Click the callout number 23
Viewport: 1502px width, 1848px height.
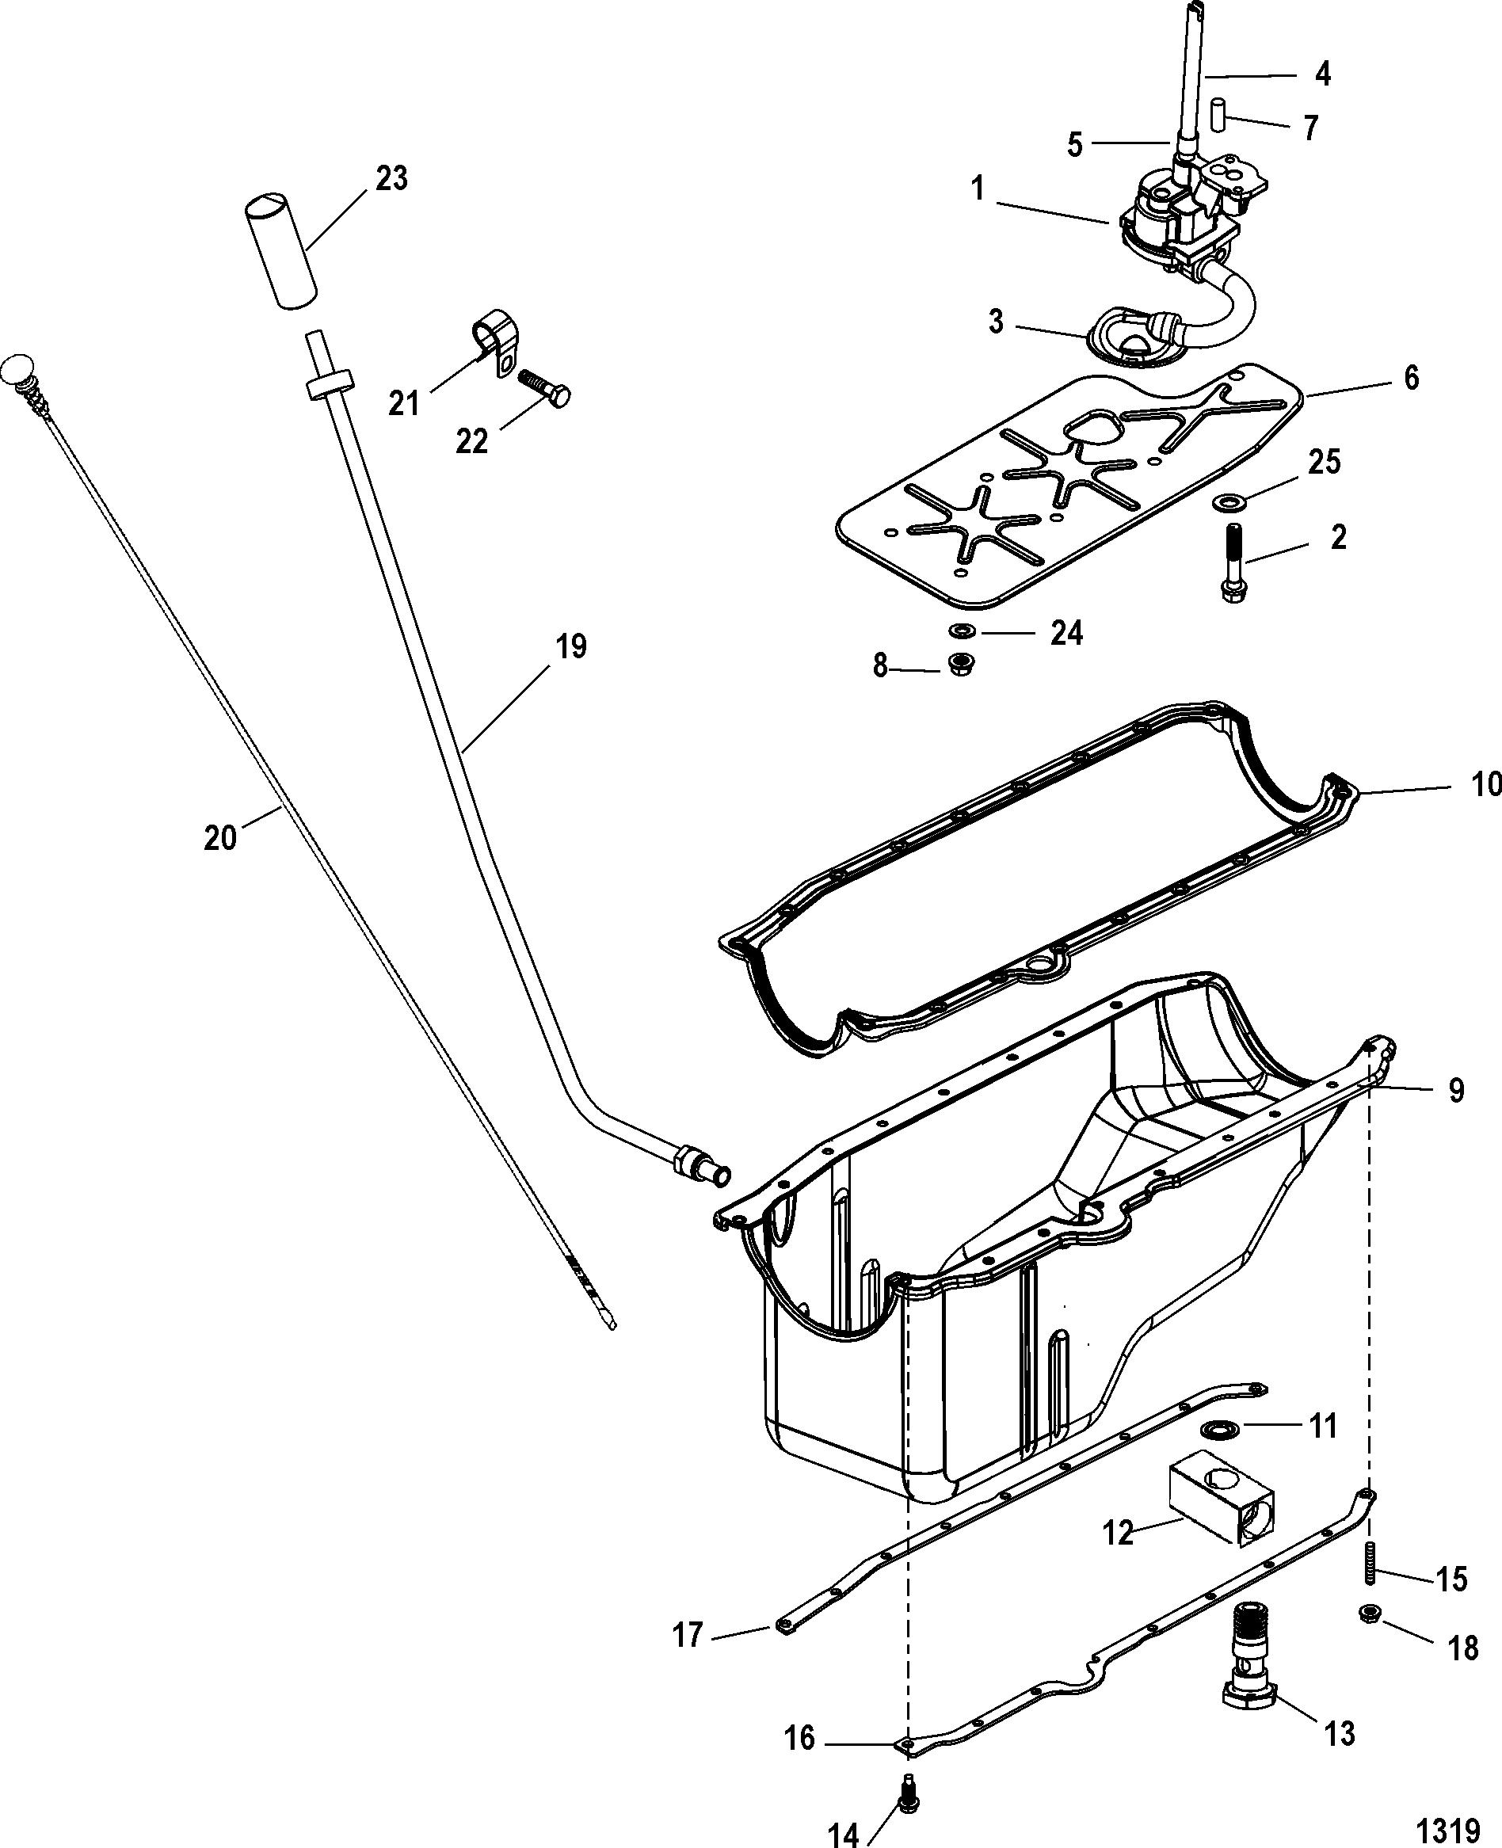tap(391, 178)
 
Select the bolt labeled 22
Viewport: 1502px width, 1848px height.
tap(545, 388)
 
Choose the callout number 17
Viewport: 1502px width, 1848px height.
tap(688, 1636)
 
